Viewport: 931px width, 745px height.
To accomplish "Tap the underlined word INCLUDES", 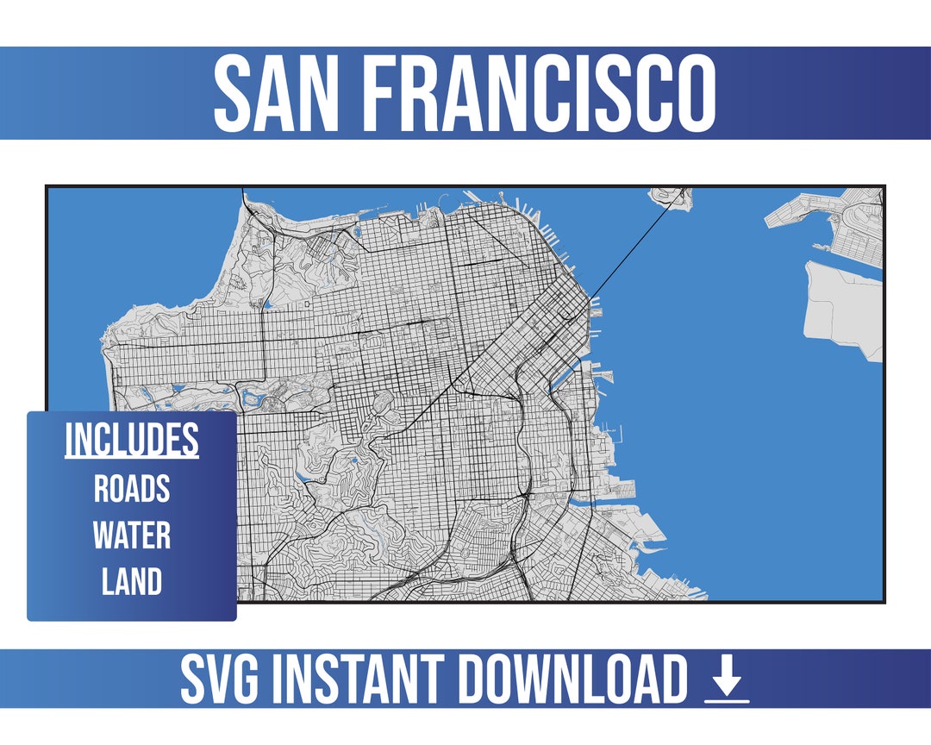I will pyautogui.click(x=132, y=441).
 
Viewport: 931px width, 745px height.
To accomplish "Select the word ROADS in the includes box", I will pyautogui.click(x=132, y=490).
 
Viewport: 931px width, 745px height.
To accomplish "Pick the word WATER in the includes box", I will pyautogui.click(x=132, y=535).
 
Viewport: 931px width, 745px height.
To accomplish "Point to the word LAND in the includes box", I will pyautogui.click(x=132, y=582).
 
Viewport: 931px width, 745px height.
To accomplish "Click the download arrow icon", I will pyautogui.click(x=727, y=682).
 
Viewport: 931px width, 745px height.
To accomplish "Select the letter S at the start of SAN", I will pyautogui.click(x=234, y=93).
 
